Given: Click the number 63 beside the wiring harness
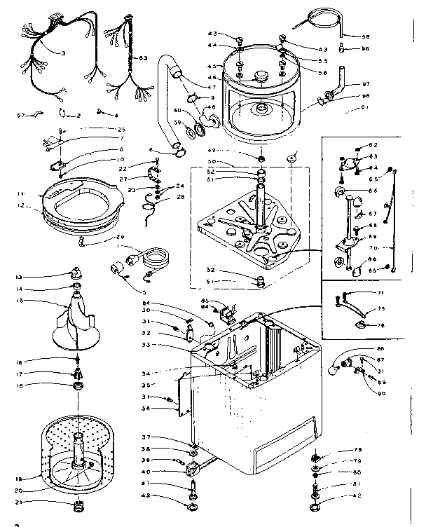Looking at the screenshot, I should tap(143, 58).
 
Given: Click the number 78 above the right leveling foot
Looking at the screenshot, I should tap(357, 450).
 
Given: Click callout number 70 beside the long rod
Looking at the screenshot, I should tap(372, 248).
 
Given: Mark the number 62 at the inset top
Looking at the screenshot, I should tap(373, 146).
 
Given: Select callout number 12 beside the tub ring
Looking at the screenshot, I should tap(21, 206).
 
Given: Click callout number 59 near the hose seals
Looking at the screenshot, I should tap(177, 124).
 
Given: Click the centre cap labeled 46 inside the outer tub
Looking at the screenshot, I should tap(265, 75).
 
